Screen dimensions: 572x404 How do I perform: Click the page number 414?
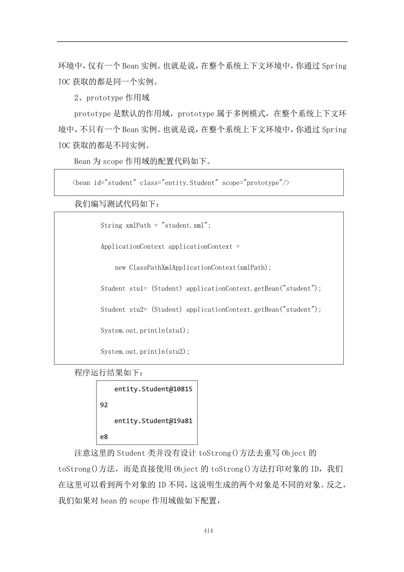click(x=208, y=531)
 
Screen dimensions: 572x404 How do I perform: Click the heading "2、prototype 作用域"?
click(x=112, y=98)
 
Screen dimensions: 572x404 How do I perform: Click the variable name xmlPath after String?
click(x=138, y=225)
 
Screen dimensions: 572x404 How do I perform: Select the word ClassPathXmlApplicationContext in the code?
click(x=182, y=268)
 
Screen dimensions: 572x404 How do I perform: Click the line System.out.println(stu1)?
click(x=145, y=331)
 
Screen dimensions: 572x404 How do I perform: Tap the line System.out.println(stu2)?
click(x=145, y=351)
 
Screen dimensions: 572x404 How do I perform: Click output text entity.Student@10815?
click(x=153, y=389)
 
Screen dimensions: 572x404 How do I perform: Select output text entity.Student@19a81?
click(x=153, y=421)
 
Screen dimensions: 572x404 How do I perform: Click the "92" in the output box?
click(x=104, y=405)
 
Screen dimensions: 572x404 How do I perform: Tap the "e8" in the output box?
click(x=104, y=437)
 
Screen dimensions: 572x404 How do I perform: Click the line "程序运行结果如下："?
click(x=108, y=373)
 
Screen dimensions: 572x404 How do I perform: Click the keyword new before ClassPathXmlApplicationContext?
click(x=120, y=268)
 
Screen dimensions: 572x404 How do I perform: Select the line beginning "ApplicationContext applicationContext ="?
click(x=170, y=246)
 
